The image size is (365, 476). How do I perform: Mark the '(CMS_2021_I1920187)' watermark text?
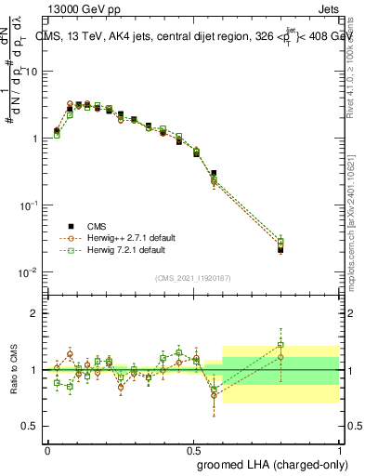coord(192,277)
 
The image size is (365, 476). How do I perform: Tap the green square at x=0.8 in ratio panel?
coord(280,345)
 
